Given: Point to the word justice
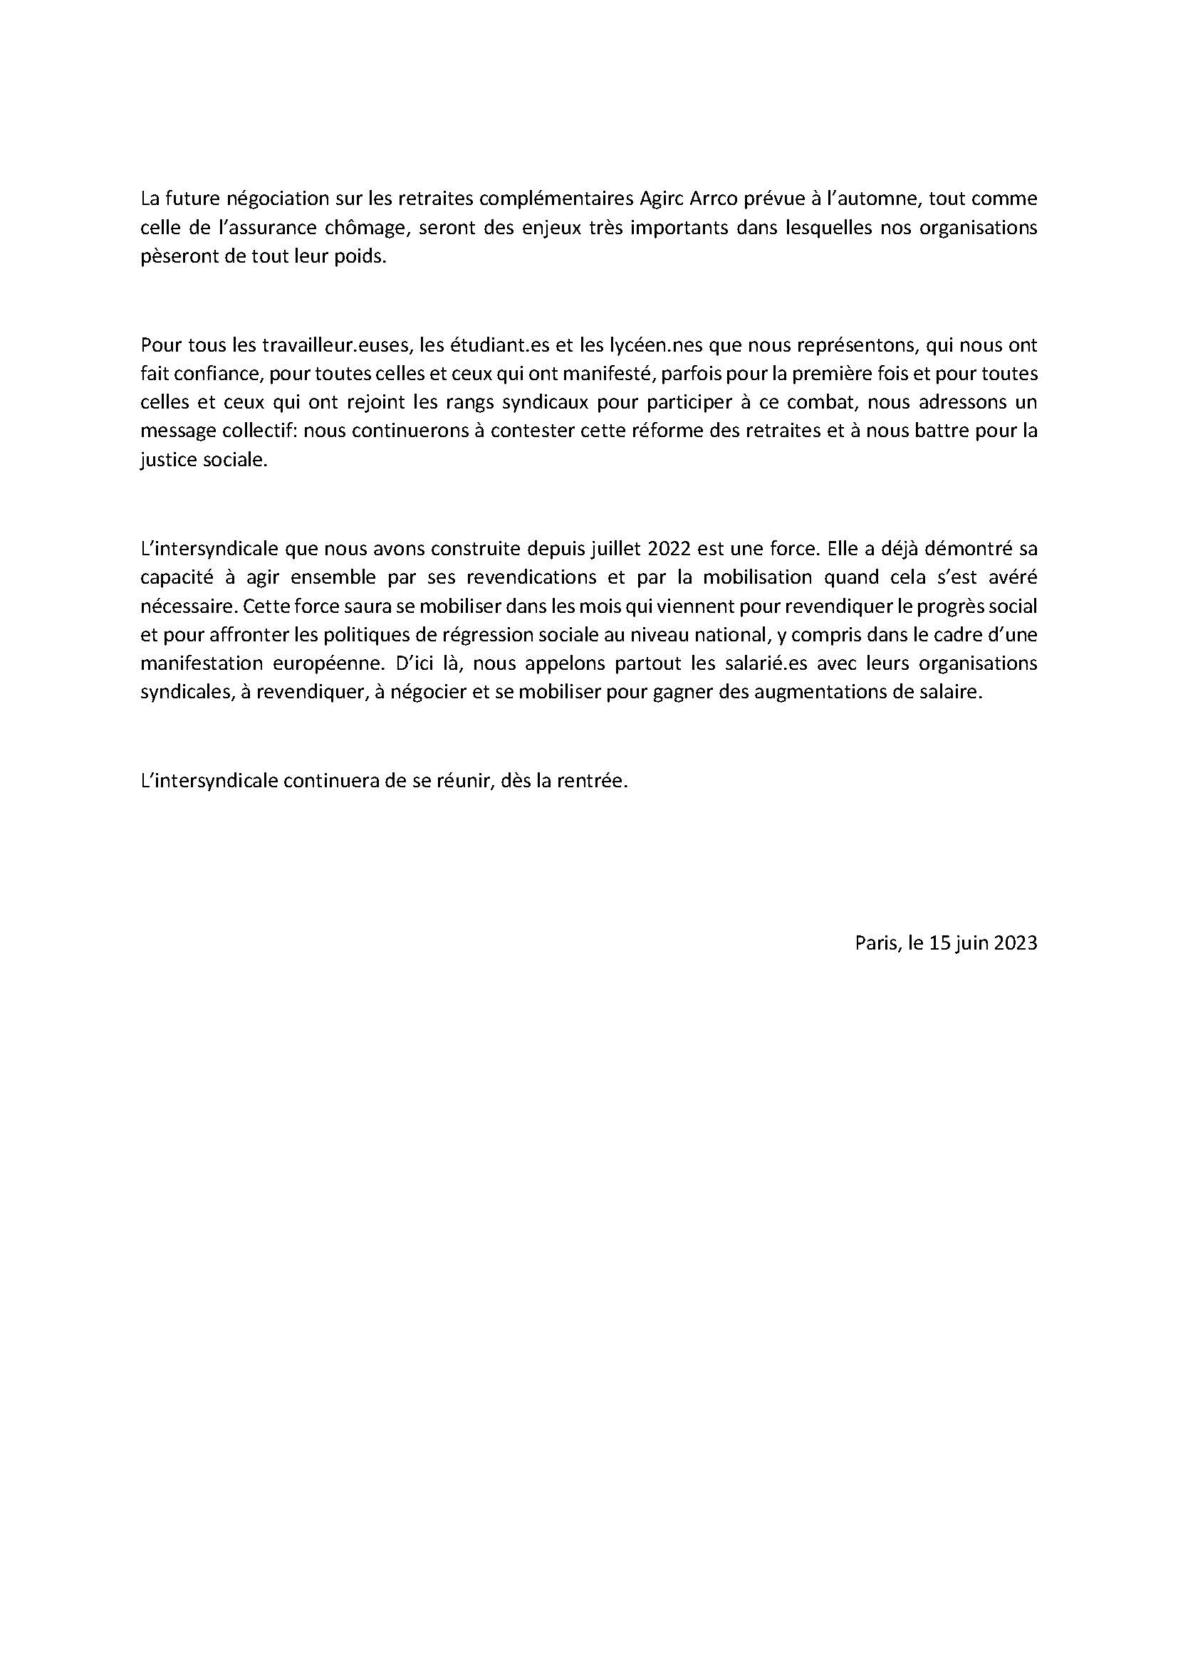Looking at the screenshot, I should (x=166, y=461).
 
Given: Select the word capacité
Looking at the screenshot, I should (x=173, y=577).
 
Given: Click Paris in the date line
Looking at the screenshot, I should (x=875, y=943).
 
